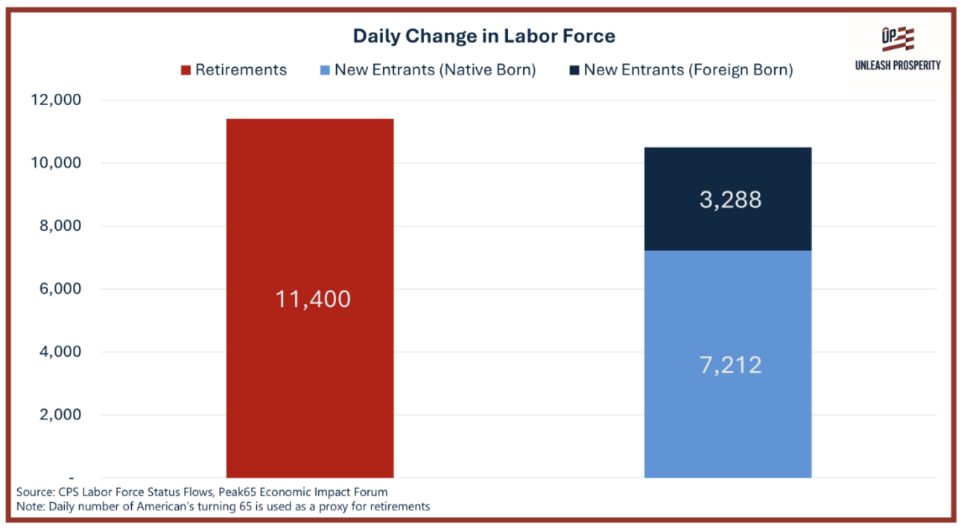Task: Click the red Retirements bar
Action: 310,298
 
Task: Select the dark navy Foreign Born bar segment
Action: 727,199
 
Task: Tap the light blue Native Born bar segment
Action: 727,364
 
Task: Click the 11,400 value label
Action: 313,299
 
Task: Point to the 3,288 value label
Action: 731,200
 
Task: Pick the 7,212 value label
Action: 731,365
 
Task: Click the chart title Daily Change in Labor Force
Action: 484,36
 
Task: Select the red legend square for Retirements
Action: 185,70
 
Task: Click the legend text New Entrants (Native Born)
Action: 435,70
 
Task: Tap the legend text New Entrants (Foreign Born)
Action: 689,70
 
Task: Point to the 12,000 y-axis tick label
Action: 56,100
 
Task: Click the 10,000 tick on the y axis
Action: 56,163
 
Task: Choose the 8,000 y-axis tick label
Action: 60,226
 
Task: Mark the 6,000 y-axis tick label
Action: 60,289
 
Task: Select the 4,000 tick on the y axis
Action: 60,351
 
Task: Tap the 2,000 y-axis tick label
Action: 60,414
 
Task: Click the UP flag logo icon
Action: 898,39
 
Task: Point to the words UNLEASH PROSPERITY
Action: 898,65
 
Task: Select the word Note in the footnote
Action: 30,507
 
